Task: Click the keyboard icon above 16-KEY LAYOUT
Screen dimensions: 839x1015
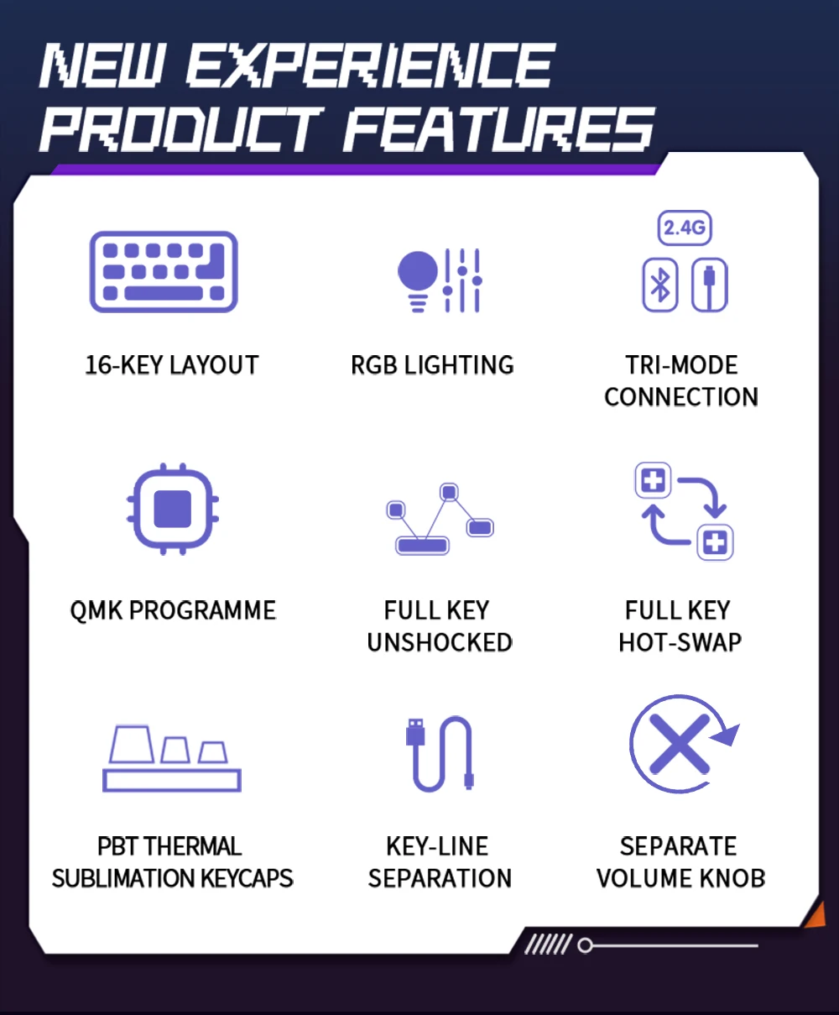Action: pyautogui.click(x=164, y=272)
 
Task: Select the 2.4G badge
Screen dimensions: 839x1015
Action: pyautogui.click(x=685, y=228)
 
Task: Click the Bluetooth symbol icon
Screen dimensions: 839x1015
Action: pyautogui.click(x=660, y=285)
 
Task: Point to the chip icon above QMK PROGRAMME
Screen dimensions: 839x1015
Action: pyautogui.click(x=173, y=509)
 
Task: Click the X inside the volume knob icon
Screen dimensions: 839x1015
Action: pyautogui.click(x=679, y=744)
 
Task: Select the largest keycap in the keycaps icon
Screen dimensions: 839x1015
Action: pyautogui.click(x=132, y=744)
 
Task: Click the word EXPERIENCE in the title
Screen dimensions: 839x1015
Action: pyautogui.click(x=369, y=65)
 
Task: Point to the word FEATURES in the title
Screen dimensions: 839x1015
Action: pyautogui.click(x=499, y=129)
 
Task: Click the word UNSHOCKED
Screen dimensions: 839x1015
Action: pyautogui.click(x=440, y=642)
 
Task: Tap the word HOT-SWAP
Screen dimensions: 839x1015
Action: pyautogui.click(x=680, y=642)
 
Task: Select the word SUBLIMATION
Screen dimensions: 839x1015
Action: pyautogui.click(x=123, y=878)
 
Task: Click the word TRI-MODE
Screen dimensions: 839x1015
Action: pyautogui.click(x=681, y=365)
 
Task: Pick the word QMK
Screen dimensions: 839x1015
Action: pyautogui.click(x=96, y=611)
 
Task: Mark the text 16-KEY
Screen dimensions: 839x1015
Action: pyautogui.click(x=125, y=365)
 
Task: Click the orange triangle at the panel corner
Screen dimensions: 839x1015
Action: pyautogui.click(x=816, y=915)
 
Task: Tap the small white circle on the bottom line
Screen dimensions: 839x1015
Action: pyautogui.click(x=586, y=945)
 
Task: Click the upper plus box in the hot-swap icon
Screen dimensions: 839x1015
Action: pyautogui.click(x=653, y=481)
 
